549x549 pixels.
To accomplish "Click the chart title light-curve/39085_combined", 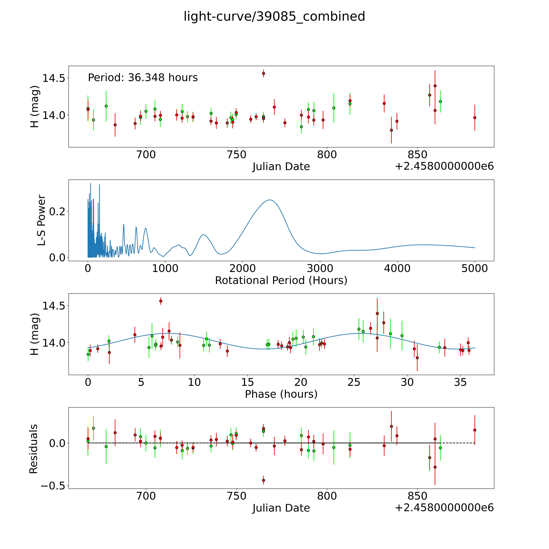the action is point(274,16).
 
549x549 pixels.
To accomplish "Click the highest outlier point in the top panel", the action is point(263,73).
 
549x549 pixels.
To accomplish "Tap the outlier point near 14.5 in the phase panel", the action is point(161,301).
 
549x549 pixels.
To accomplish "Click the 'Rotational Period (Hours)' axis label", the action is point(281,280).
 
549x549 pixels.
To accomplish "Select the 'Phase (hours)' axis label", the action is point(281,394).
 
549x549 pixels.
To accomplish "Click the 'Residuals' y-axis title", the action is point(34,449).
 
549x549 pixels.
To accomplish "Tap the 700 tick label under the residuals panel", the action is point(146,496).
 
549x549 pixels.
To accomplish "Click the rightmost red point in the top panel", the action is point(475,118).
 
